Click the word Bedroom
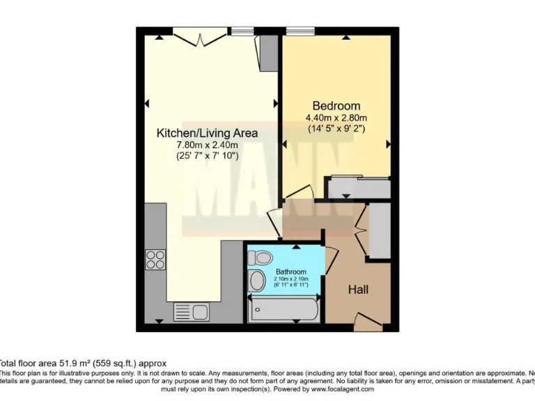click(x=336, y=106)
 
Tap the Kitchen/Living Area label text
click(x=207, y=132)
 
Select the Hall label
click(x=358, y=289)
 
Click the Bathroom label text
click(x=290, y=272)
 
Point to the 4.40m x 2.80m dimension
click(x=336, y=118)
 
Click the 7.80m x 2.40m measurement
click(x=207, y=145)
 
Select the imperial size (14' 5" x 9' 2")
click(x=336, y=129)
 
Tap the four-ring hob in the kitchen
click(x=155, y=260)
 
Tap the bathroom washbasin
click(x=257, y=281)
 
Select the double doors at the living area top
click(x=200, y=36)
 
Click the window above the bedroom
click(x=300, y=31)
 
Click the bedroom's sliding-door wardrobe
click(x=359, y=188)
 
